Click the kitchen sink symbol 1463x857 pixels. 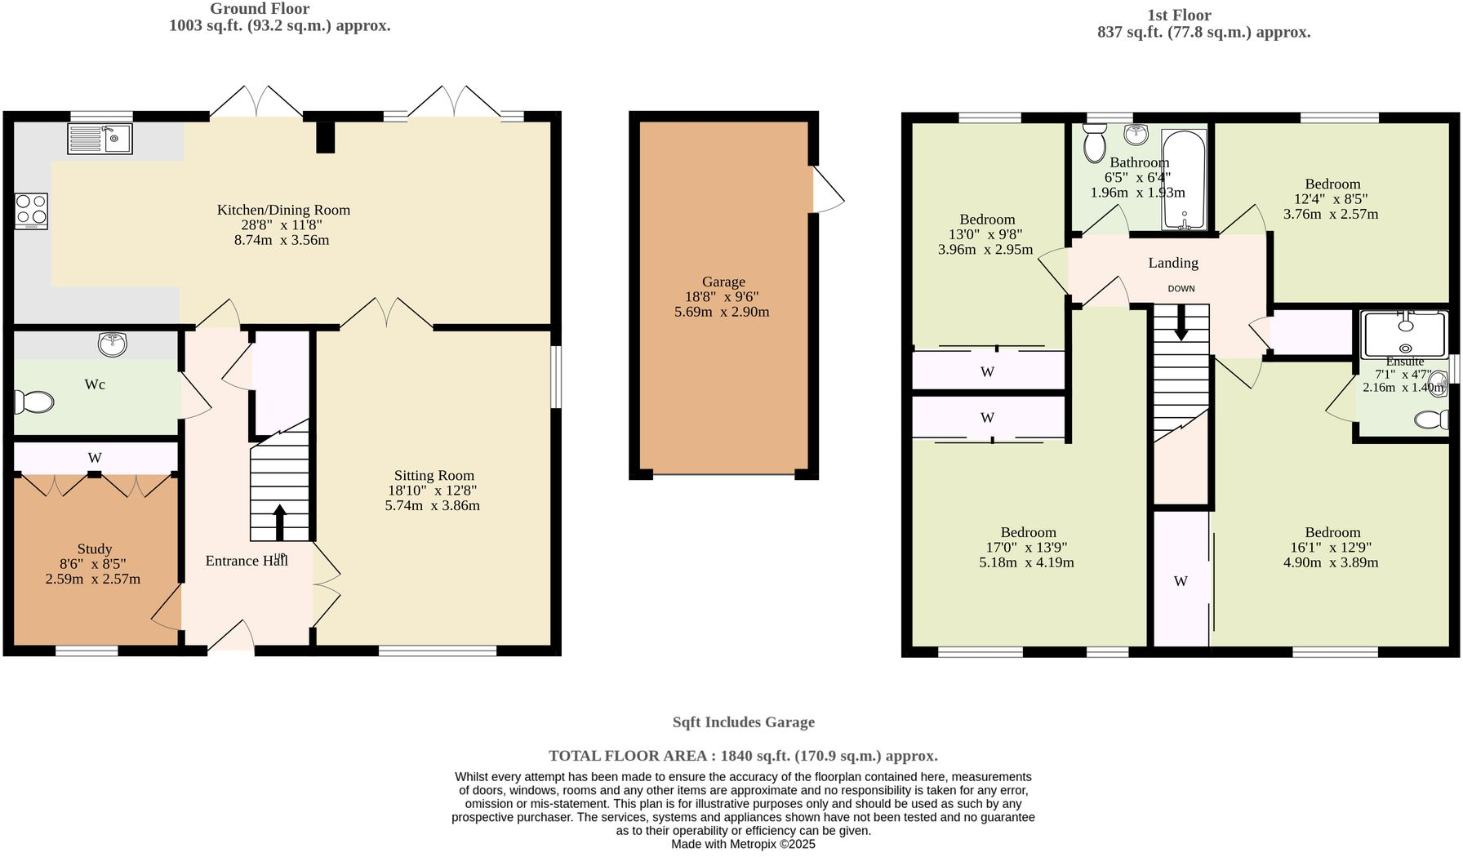[100, 138]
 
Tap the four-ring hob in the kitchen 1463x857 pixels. [31, 211]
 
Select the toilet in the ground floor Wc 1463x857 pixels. [34, 402]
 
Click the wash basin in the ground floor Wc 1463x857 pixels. [113, 344]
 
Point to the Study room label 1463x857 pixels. [95, 549]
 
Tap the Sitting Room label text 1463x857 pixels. [434, 476]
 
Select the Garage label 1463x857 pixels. [723, 282]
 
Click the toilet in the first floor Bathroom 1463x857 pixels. [1093, 144]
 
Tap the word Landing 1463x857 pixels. [1173, 263]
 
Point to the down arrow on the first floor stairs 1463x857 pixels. [1181, 326]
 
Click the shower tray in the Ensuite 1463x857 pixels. [1404, 335]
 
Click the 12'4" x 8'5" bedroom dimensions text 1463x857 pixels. [1331, 199]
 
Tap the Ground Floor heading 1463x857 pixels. [260, 9]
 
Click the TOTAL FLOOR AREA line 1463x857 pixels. [742, 756]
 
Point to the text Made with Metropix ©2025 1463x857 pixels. [743, 844]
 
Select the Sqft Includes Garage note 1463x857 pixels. [743, 722]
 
